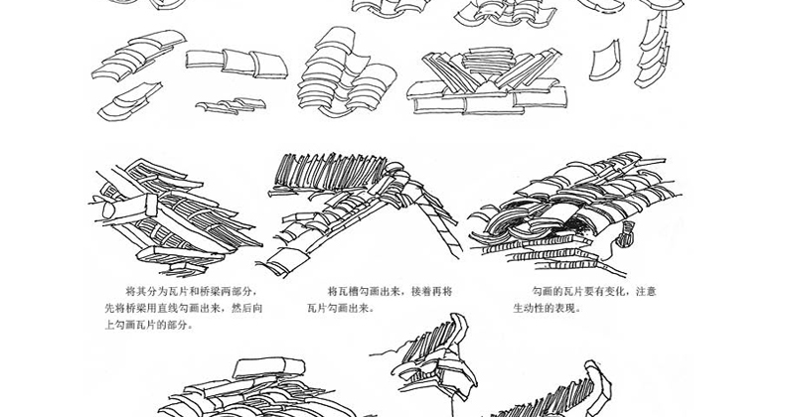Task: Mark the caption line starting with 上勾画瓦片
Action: [x=149, y=325]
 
